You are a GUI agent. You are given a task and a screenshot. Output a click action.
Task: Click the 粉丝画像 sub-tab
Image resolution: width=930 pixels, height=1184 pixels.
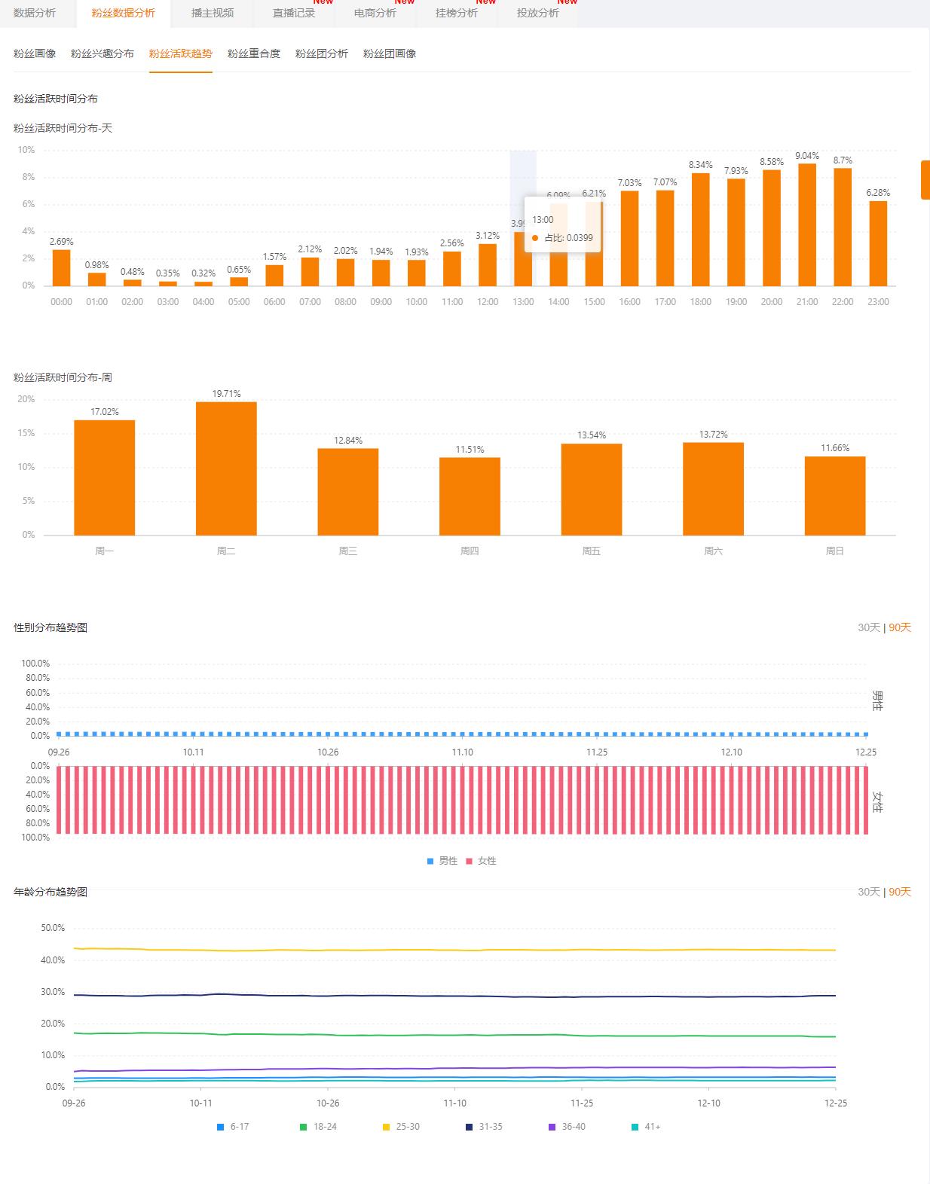tap(35, 53)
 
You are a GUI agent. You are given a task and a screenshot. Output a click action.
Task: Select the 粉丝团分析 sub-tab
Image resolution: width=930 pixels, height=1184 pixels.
tap(321, 53)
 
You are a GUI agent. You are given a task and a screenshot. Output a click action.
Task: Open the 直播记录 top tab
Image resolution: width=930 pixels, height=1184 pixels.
tap(293, 13)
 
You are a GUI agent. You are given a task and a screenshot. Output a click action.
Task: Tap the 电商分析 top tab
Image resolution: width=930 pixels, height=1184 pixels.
tap(375, 13)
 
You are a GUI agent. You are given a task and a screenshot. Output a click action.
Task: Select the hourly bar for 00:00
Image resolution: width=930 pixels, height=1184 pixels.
tap(61, 267)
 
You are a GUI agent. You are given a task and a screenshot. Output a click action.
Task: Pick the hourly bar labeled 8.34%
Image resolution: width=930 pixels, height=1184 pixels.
tap(700, 230)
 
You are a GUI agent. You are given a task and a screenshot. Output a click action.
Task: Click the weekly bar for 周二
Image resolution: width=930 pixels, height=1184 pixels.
tap(226, 468)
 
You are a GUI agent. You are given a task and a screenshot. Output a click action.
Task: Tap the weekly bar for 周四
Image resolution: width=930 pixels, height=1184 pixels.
tap(470, 496)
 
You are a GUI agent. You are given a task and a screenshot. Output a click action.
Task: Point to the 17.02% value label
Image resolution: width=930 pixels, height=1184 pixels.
tap(105, 412)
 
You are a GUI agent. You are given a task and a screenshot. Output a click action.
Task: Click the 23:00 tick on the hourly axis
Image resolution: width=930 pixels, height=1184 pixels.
tap(878, 302)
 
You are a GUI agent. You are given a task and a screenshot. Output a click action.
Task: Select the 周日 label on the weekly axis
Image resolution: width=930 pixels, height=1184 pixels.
tap(834, 551)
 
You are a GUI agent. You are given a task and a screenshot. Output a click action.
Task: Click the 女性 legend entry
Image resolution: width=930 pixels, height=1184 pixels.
tap(482, 861)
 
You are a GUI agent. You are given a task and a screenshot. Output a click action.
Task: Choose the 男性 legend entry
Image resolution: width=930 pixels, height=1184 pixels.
tap(443, 861)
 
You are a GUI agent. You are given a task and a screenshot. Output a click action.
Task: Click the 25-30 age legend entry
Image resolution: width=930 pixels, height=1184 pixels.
tap(402, 1127)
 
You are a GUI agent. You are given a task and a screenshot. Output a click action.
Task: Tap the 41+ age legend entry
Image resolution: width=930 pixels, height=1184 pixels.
tap(647, 1127)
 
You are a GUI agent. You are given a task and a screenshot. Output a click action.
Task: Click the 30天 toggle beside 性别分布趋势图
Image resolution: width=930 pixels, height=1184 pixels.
tap(868, 627)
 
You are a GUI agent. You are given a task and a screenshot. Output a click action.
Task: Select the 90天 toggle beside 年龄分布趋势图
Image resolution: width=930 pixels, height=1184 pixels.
tap(900, 892)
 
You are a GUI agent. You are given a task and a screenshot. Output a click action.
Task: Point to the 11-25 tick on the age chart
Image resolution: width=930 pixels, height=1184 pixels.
tap(582, 1103)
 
